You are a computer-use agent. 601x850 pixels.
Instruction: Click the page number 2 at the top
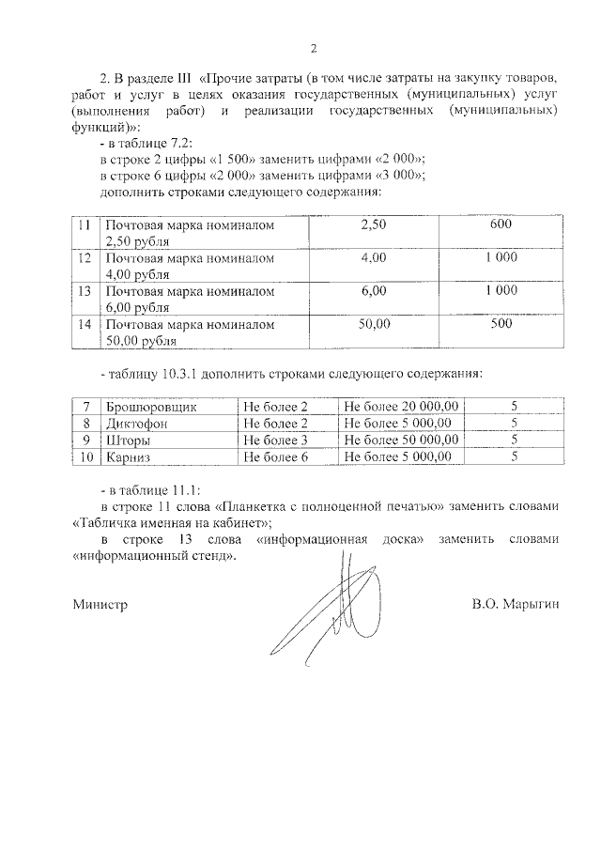(x=313, y=49)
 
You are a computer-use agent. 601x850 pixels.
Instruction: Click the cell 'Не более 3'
(x=275, y=440)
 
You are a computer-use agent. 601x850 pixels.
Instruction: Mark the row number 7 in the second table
(x=86, y=406)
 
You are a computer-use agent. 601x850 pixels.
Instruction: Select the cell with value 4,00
(x=374, y=258)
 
